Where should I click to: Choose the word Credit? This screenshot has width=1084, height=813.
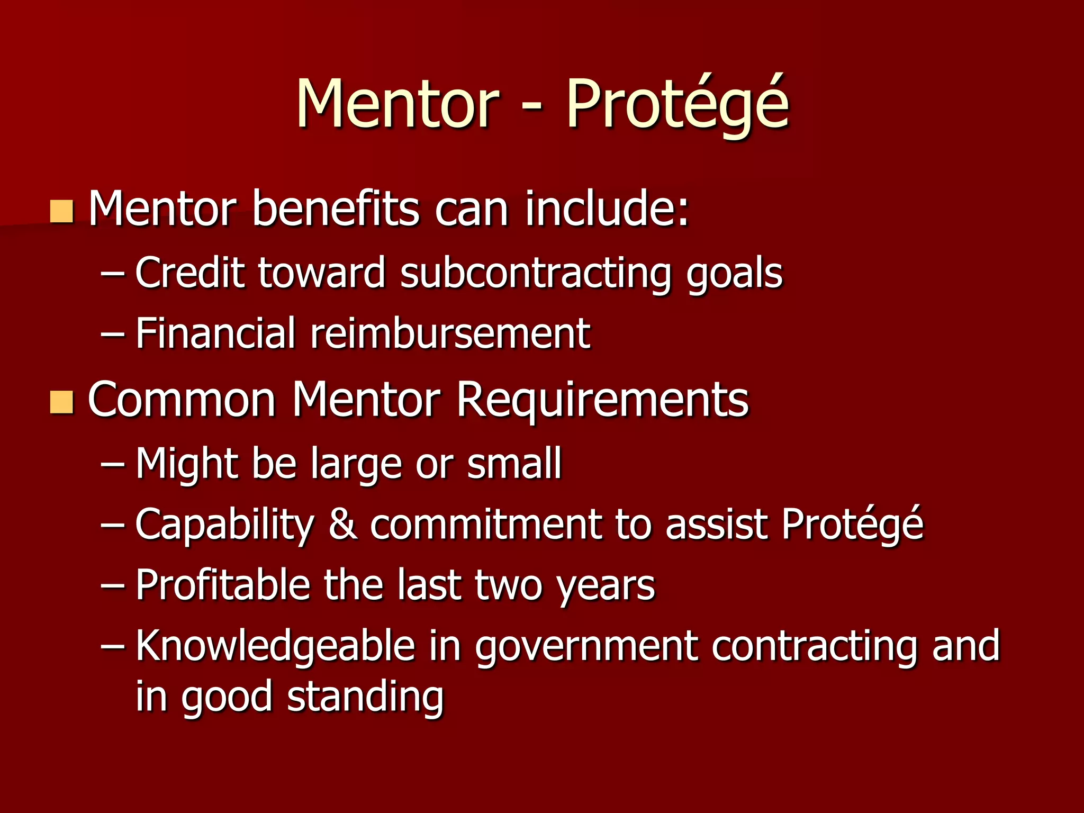[x=189, y=273]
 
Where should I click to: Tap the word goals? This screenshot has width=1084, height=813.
[x=734, y=274]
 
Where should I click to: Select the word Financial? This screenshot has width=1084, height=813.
[x=215, y=333]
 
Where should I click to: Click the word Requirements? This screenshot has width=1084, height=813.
[x=602, y=400]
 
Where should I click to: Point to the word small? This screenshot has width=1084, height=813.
[x=514, y=463]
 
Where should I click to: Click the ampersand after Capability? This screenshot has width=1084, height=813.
[x=342, y=524]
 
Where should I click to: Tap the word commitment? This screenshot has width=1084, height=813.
[x=486, y=524]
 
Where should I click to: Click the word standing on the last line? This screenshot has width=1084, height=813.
[x=365, y=698]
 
